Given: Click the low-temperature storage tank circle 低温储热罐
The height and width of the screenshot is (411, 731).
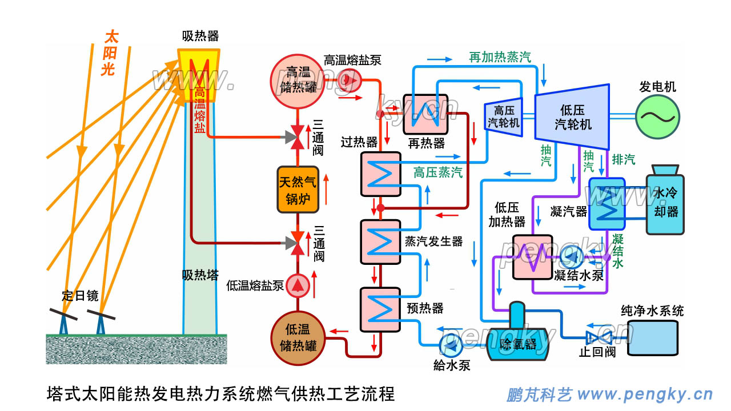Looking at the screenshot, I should point(298,338).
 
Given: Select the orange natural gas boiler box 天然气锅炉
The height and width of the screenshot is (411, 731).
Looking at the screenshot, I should point(298,190).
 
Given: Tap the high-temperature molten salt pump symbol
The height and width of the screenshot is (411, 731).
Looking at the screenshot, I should point(347,80).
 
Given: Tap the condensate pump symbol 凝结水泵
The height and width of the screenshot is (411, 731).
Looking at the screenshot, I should point(571,258).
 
